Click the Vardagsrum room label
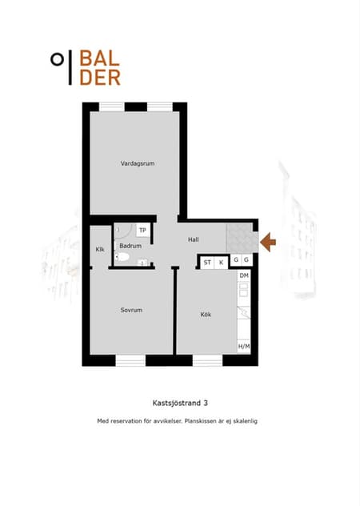tap(138, 163)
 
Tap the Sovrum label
tap(131, 310)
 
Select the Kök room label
tap(206, 315)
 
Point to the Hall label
tap(194, 239)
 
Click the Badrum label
tap(130, 246)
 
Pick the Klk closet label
tap(100, 250)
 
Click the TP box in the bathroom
tap(142, 230)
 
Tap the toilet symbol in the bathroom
tap(122, 257)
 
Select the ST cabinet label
tap(207, 263)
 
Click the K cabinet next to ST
tap(221, 263)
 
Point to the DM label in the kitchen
tap(244, 275)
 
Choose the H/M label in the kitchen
tap(244, 347)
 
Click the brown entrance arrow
tap(268, 242)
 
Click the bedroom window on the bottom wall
tap(130, 360)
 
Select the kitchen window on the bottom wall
tap(208, 360)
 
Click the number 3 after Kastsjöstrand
tap(206, 403)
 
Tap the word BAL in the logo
tap(99, 58)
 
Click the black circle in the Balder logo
tap(57, 59)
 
